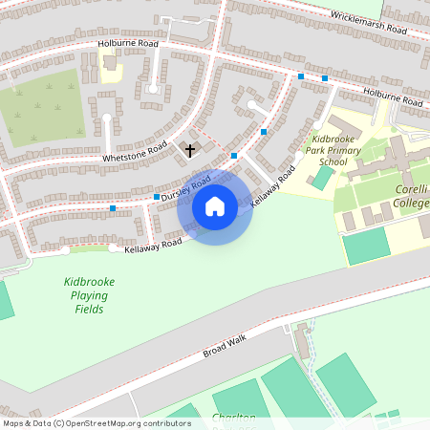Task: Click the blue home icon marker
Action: [215, 206]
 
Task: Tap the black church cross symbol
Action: [189, 150]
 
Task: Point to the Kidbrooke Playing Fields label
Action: [87, 295]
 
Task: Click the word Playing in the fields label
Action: [87, 295]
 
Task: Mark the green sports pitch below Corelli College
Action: [367, 245]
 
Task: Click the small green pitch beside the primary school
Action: [324, 178]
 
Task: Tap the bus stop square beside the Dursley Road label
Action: [157, 197]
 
